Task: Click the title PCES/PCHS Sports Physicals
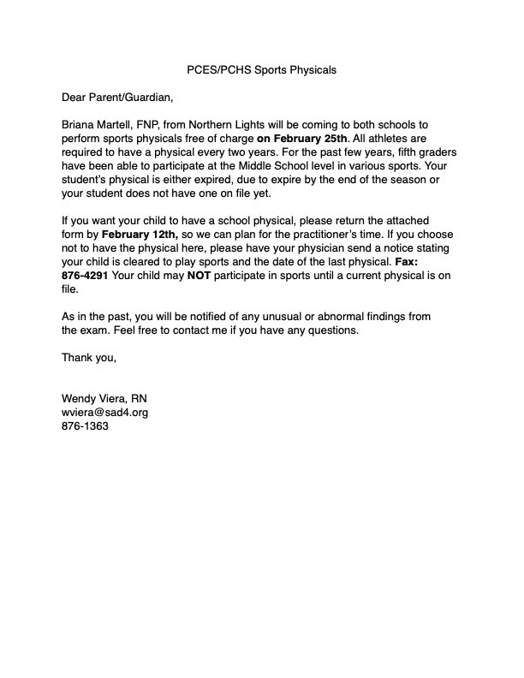[261, 70]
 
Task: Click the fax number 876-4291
[85, 276]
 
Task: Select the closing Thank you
[88, 358]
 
